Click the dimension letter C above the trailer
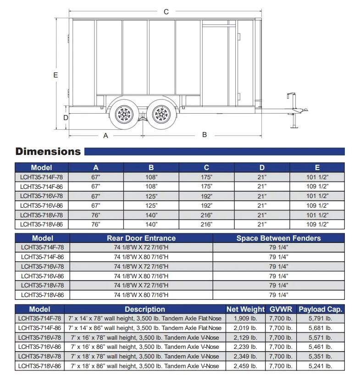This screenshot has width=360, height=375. [x=166, y=12]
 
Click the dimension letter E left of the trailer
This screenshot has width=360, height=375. [x=55, y=75]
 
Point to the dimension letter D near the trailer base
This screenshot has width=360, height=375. [x=66, y=118]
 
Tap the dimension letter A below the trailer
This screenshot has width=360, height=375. [x=105, y=136]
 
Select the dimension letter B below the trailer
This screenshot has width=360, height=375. [x=205, y=135]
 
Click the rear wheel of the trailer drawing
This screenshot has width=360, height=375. [x=123, y=113]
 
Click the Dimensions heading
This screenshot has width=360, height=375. [x=48, y=152]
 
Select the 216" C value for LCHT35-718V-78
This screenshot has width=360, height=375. [x=206, y=215]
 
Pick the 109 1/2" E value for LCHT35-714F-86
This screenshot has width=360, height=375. [x=317, y=187]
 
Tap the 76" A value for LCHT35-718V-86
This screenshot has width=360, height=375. [x=96, y=225]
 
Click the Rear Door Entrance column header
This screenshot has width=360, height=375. [x=141, y=238]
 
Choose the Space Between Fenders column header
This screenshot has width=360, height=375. [x=278, y=238]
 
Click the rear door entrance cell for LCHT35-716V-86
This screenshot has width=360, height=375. [x=141, y=276]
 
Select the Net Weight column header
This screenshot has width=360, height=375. [x=245, y=309]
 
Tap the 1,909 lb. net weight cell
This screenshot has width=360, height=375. [x=245, y=318]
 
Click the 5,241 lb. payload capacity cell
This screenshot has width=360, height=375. [x=320, y=366]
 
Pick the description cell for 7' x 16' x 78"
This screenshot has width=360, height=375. [x=144, y=337]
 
